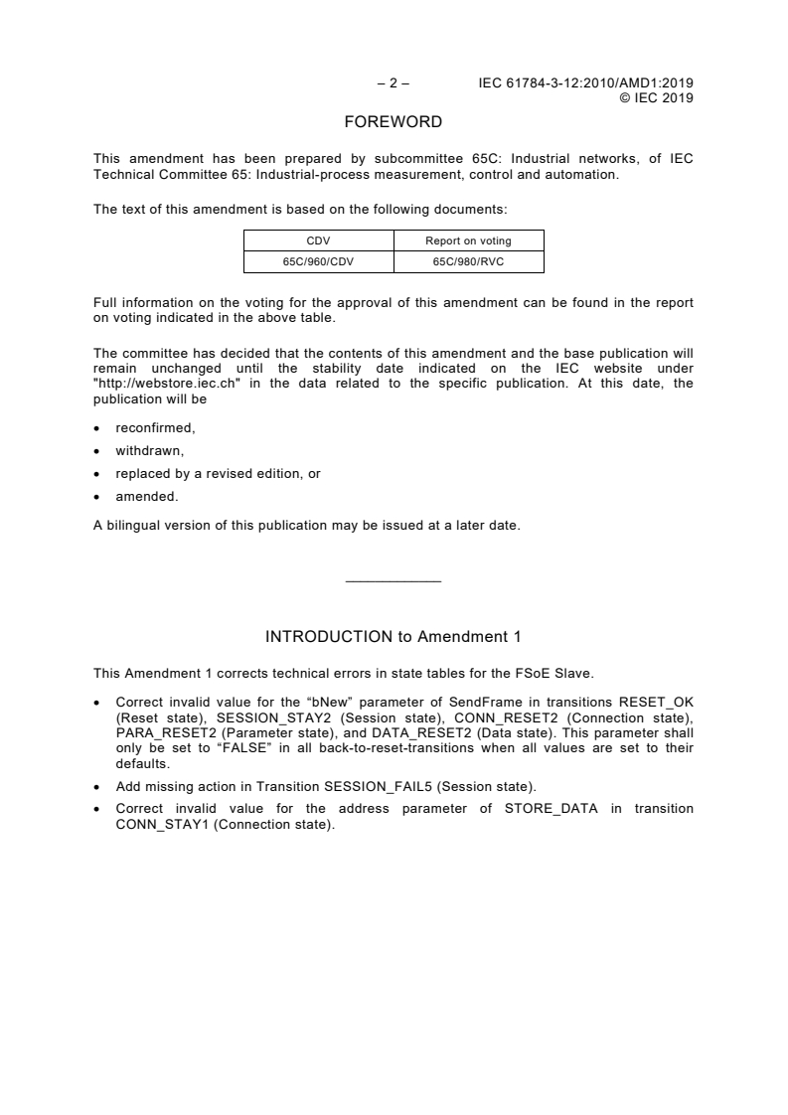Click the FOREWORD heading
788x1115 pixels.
click(x=393, y=123)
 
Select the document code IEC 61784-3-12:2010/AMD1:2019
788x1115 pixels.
click(x=586, y=83)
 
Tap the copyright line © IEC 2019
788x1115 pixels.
click(x=656, y=97)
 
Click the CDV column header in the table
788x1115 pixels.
click(x=319, y=239)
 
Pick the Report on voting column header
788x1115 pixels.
click(x=469, y=239)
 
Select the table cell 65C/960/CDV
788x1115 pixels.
click(x=319, y=262)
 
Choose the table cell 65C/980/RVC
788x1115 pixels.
click(x=469, y=262)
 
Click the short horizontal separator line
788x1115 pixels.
click(x=393, y=581)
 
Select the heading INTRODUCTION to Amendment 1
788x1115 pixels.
click(x=393, y=636)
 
